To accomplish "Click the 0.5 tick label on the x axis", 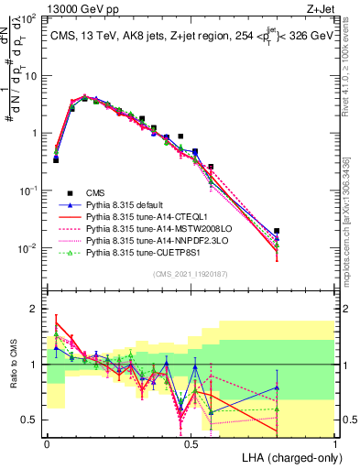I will point(191,443).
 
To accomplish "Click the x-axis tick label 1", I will point(334,443).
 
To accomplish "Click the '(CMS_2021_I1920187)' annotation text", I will point(191,272).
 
